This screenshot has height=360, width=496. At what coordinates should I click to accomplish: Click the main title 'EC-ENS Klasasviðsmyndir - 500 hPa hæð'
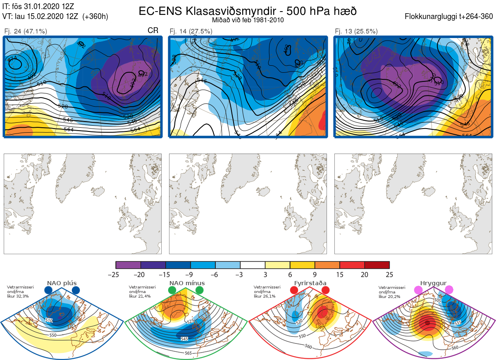point(248,11)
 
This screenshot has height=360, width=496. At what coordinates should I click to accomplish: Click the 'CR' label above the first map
point(153,31)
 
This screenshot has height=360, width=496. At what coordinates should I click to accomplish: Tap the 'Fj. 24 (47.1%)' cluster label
point(26,31)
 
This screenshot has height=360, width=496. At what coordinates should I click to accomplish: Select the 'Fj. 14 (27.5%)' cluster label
point(191,31)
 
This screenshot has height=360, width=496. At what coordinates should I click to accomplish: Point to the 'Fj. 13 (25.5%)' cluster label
point(356,31)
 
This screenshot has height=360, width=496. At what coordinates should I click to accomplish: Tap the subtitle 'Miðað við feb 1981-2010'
point(248,20)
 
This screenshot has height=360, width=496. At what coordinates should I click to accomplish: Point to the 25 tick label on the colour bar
point(389,274)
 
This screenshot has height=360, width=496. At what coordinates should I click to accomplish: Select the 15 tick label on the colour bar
point(339,274)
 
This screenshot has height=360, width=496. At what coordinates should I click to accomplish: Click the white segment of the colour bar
point(253,265)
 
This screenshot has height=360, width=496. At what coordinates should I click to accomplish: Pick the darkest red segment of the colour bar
point(377,265)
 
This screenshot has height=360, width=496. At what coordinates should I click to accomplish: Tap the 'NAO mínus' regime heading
point(187,283)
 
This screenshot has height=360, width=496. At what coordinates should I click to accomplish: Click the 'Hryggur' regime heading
point(434,283)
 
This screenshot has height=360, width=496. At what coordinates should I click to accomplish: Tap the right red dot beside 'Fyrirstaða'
point(325,290)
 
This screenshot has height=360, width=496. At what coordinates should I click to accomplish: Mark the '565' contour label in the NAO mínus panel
point(188,353)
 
